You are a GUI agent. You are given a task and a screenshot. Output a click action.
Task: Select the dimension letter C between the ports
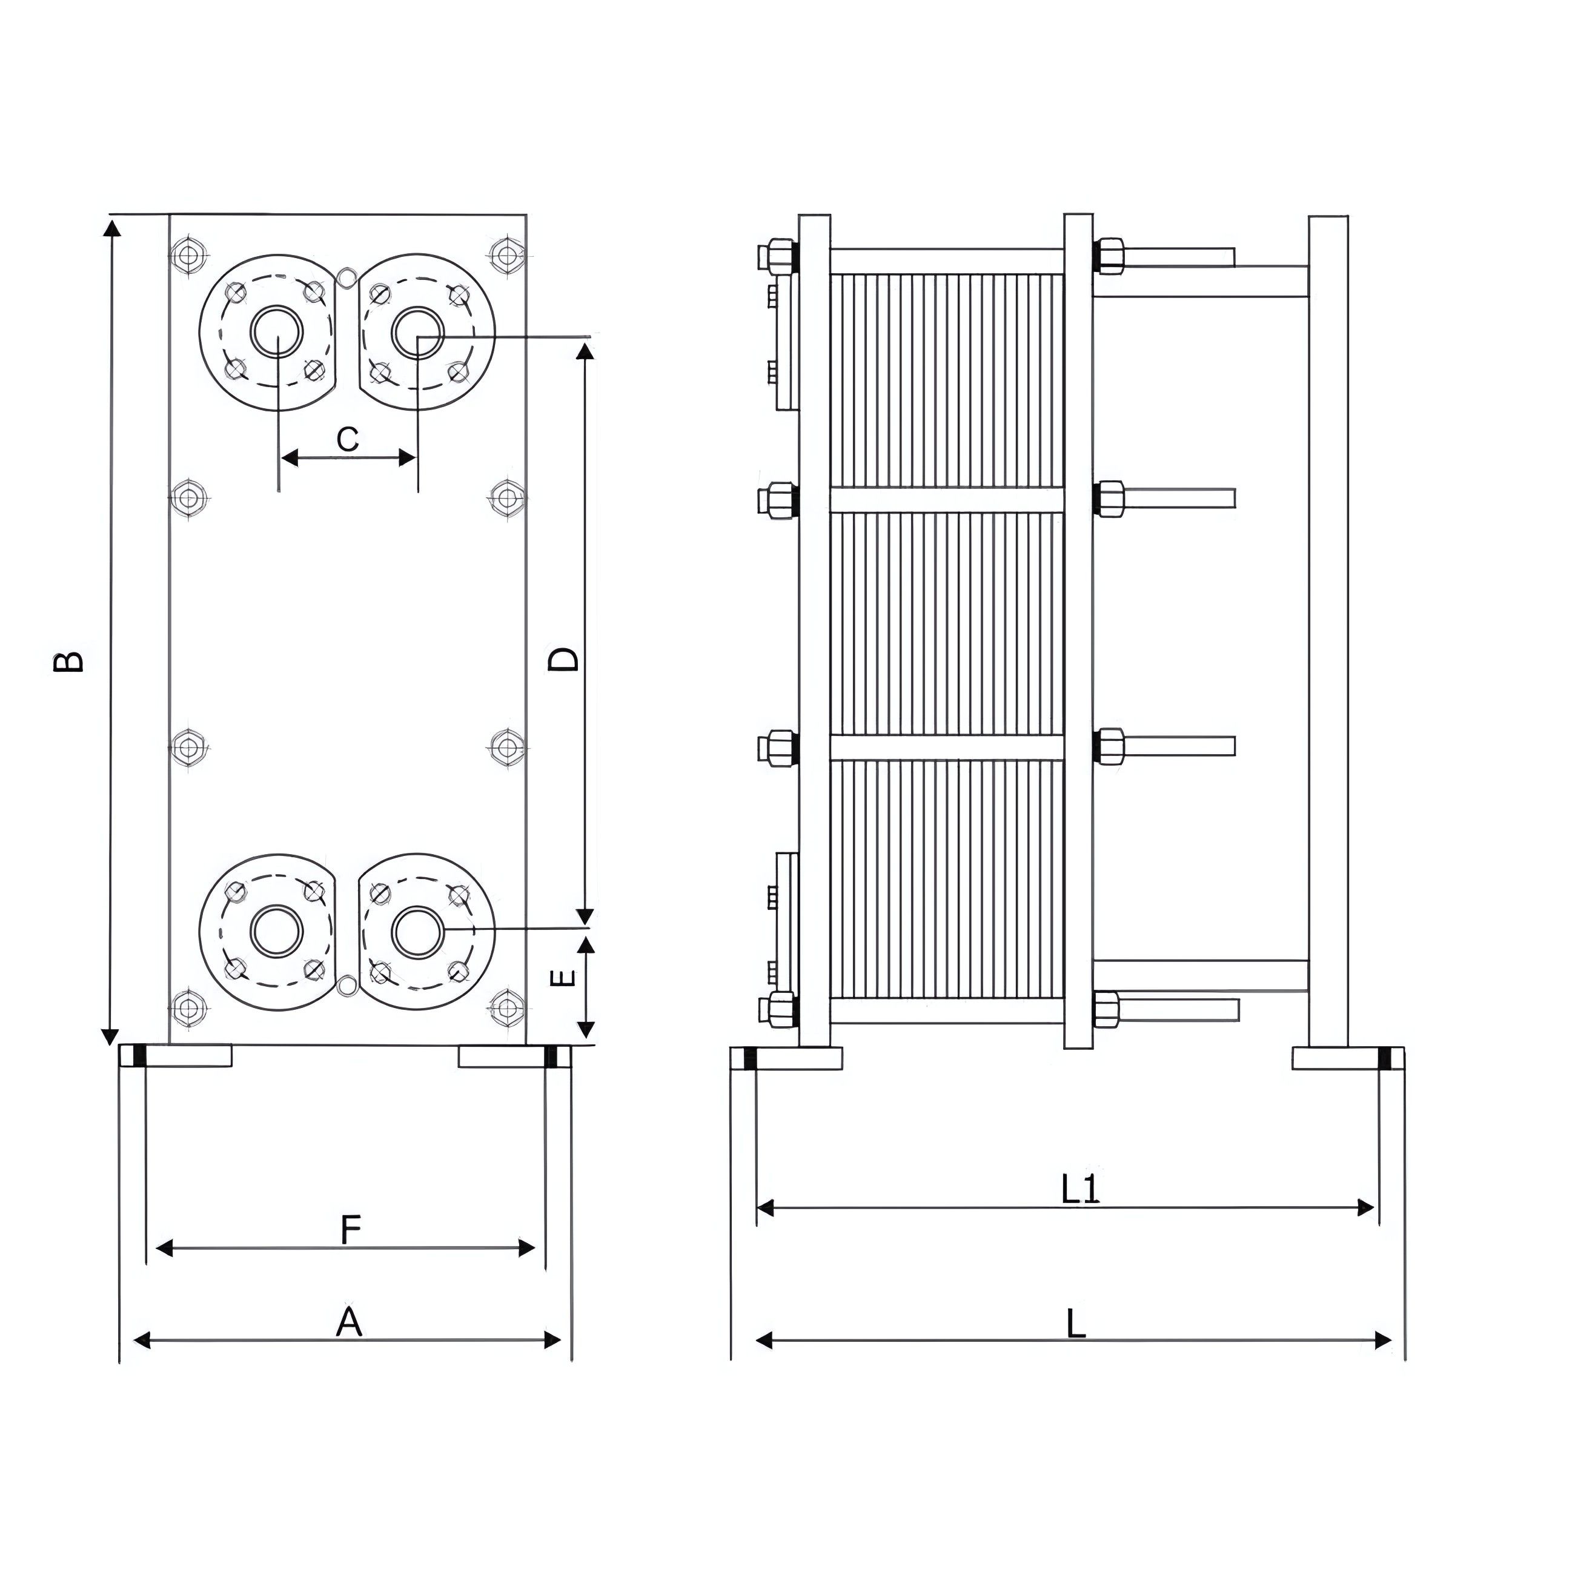click(x=348, y=439)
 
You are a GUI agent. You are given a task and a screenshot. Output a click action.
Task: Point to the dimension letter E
click(x=563, y=978)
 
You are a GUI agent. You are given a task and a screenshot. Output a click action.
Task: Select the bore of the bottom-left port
click(x=277, y=931)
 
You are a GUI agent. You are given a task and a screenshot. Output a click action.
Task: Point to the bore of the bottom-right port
click(x=417, y=931)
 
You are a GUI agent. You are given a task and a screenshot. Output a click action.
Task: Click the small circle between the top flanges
click(x=346, y=277)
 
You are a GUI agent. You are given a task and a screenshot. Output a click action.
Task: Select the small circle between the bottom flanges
click(x=346, y=986)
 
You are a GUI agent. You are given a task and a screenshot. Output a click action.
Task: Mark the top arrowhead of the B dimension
click(x=111, y=227)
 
